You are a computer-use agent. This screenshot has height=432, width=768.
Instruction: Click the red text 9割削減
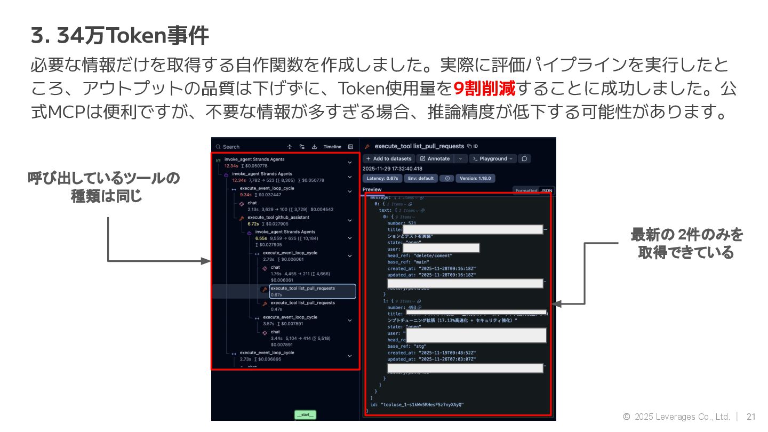click(484, 89)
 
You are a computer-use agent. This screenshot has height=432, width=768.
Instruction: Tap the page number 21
click(751, 417)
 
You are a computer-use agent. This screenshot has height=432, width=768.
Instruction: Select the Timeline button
click(332, 147)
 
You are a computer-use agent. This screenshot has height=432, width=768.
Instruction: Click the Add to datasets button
click(389, 158)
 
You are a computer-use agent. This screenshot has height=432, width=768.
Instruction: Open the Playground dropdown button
click(493, 158)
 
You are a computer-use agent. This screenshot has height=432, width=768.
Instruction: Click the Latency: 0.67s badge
click(382, 178)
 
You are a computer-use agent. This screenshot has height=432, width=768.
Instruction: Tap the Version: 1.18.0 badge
click(475, 178)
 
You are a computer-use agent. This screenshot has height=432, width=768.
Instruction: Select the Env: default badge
click(421, 178)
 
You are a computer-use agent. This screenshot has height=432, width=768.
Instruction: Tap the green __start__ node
click(306, 414)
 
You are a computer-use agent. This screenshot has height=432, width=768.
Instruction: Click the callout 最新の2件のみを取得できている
click(686, 243)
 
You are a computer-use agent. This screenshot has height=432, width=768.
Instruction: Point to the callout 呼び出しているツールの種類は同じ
click(103, 187)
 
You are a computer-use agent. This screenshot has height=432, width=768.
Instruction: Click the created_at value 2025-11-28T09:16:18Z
click(446, 268)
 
